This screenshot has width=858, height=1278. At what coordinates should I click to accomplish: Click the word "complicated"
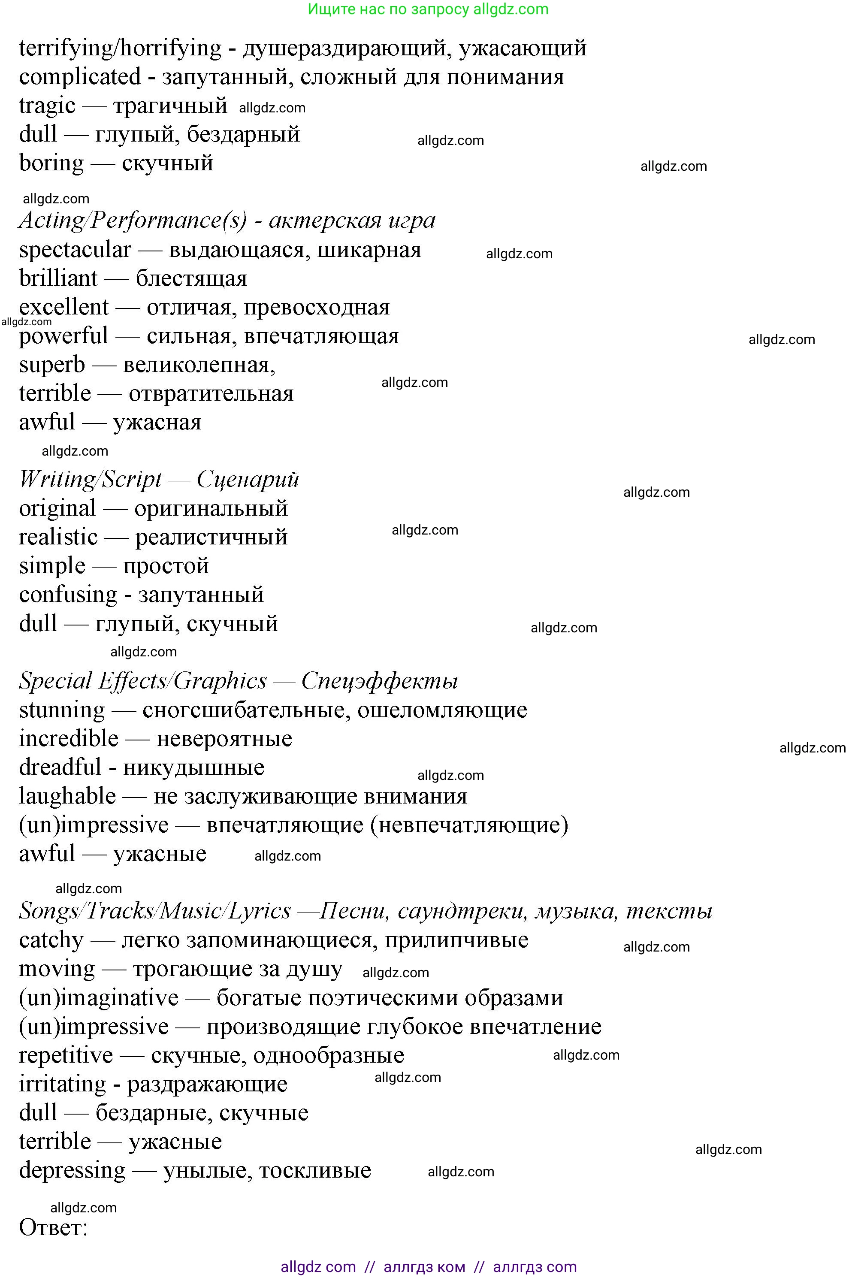click(x=80, y=77)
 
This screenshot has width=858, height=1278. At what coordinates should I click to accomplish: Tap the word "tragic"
click(x=47, y=106)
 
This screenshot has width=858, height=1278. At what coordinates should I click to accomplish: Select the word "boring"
click(x=51, y=163)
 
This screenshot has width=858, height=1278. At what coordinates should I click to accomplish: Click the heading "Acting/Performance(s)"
click(x=133, y=221)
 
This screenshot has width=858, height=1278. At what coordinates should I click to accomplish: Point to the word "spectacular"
click(x=75, y=250)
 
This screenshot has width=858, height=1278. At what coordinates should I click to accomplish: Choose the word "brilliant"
click(x=58, y=278)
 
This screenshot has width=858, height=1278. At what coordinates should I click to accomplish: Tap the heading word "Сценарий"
click(x=248, y=480)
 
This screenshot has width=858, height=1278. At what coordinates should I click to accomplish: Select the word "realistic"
click(x=58, y=537)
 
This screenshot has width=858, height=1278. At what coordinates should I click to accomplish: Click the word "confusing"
click(x=68, y=595)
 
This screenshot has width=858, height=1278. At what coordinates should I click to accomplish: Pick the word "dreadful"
click(x=60, y=768)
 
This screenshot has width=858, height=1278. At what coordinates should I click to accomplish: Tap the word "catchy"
click(x=51, y=940)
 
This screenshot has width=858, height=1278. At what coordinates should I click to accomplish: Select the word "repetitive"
click(x=66, y=1055)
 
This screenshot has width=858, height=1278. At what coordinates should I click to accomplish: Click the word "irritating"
click(x=62, y=1085)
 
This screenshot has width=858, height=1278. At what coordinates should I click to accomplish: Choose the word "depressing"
click(x=72, y=1171)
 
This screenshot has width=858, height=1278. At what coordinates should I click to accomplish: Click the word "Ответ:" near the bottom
click(x=53, y=1228)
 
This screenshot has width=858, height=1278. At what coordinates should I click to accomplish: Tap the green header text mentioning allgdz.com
click(x=428, y=9)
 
